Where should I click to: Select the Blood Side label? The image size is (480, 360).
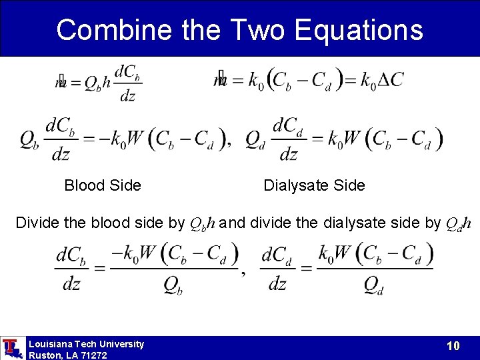[103, 185]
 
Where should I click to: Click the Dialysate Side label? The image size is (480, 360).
[314, 185]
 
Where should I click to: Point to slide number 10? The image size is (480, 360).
[453, 346]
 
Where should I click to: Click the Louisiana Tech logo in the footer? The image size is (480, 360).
[11, 348]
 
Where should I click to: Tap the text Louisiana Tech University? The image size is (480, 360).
[86, 344]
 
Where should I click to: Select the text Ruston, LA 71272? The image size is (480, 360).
[67, 355]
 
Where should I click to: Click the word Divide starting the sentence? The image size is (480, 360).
[38, 223]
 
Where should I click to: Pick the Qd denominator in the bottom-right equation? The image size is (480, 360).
[374, 285]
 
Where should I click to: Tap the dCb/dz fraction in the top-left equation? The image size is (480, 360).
[127, 83]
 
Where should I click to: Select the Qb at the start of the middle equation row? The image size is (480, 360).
[29, 139]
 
